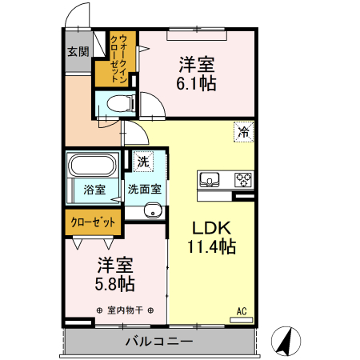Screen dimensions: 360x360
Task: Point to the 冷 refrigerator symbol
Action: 242,133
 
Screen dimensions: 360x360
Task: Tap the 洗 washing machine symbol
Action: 142,161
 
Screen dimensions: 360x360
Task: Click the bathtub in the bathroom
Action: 94,166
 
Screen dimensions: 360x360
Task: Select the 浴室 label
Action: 94,190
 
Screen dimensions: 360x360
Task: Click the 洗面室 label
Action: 145,190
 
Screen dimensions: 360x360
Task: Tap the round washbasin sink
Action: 153,211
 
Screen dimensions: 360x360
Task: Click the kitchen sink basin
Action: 210,179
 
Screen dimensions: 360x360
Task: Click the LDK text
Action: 211,226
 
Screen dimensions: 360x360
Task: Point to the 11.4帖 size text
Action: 211,246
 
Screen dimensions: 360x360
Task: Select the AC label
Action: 241,310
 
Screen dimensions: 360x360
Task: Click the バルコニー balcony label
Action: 158,342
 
